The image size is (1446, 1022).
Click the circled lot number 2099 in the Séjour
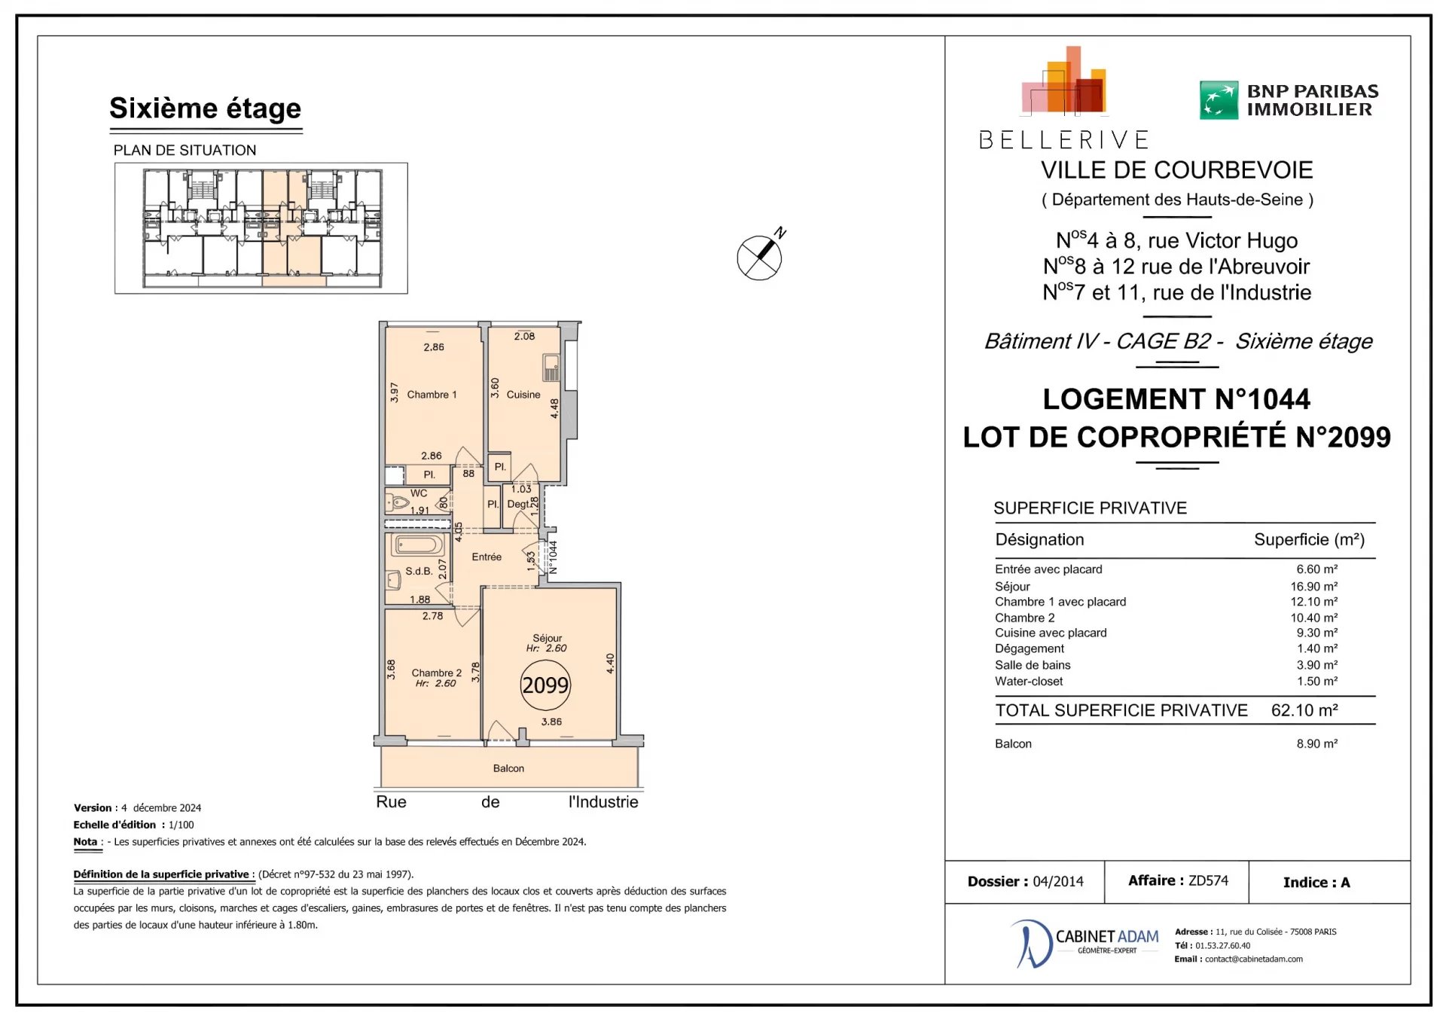click(545, 685)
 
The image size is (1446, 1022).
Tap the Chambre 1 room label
click(432, 395)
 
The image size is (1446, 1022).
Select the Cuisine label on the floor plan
click(523, 395)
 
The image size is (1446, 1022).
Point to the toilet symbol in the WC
click(397, 502)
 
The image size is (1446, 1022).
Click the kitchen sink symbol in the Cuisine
click(551, 368)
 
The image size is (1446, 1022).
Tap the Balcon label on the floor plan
click(508, 768)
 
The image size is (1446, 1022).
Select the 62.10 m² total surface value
click(1304, 710)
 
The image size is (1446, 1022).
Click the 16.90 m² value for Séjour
click(1314, 587)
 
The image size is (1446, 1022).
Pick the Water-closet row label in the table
click(1029, 682)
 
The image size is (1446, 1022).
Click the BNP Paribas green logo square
click(1219, 100)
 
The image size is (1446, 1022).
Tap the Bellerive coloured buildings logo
click(1064, 81)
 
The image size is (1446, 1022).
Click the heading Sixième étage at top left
click(206, 108)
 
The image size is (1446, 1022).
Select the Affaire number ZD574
click(1208, 880)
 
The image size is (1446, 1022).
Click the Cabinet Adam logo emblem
click(1030, 944)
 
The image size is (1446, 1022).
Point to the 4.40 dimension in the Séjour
click(610, 664)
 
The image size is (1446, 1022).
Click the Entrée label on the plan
click(487, 557)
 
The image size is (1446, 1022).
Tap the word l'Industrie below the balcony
click(603, 802)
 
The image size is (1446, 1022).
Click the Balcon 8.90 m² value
click(1317, 744)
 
